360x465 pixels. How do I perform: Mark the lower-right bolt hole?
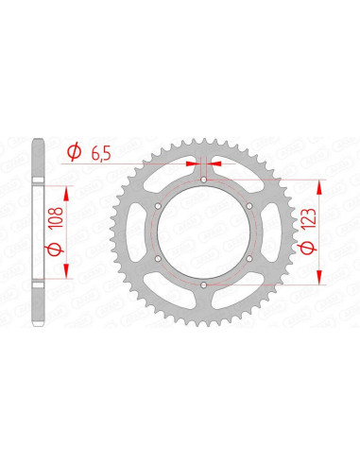coord(249,258)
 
